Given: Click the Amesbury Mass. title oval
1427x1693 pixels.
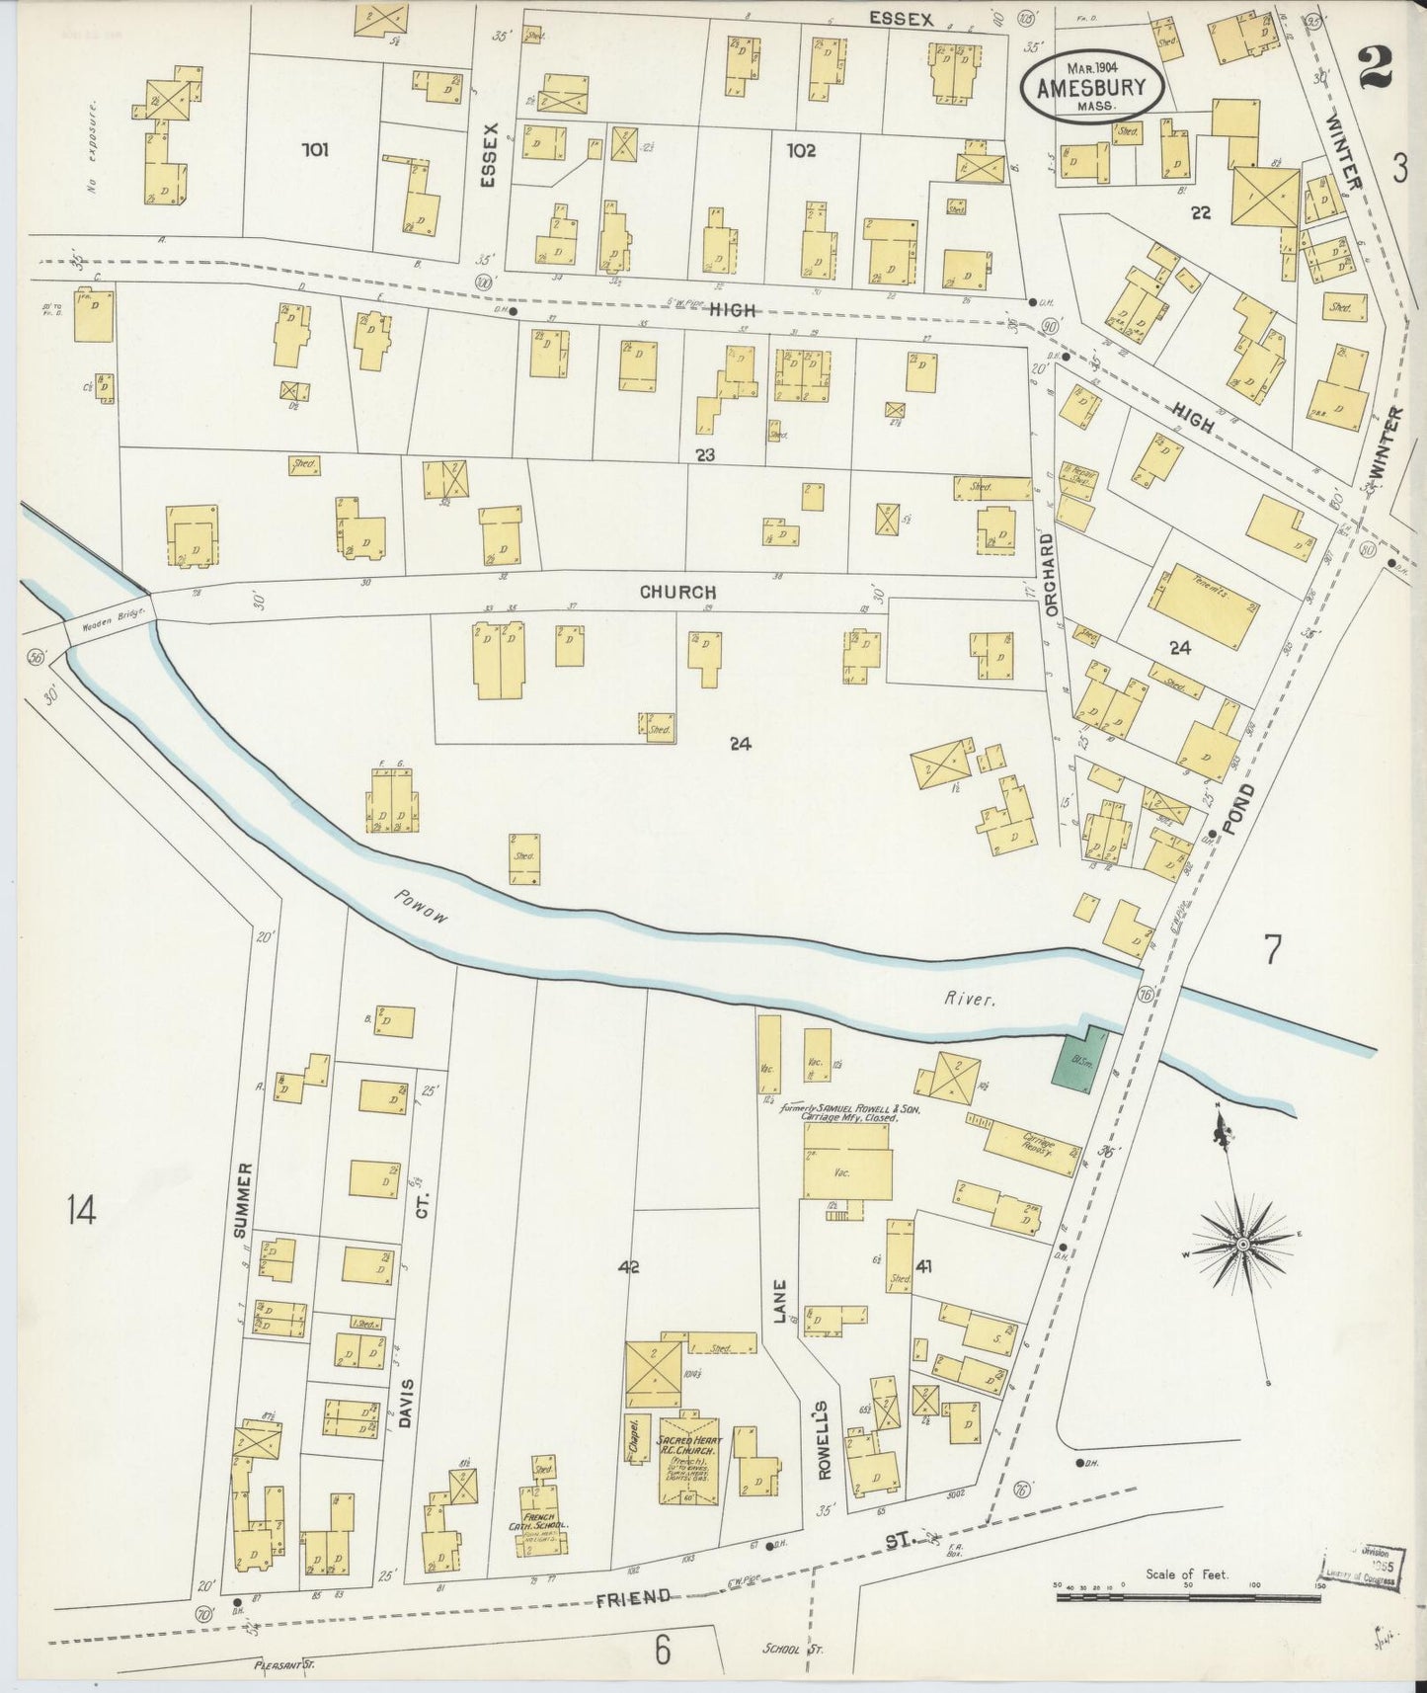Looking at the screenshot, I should pos(1091,85).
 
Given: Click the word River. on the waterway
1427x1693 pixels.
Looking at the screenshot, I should pos(970,1000).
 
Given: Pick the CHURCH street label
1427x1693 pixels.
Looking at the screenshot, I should pos(677,593).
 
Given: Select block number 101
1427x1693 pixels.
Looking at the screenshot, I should pos(315,151).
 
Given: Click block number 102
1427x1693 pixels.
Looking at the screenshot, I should pos(801,150).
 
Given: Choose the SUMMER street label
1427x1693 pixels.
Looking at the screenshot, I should pos(245,1198).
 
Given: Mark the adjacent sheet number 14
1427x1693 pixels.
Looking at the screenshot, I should pos(81,1209).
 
